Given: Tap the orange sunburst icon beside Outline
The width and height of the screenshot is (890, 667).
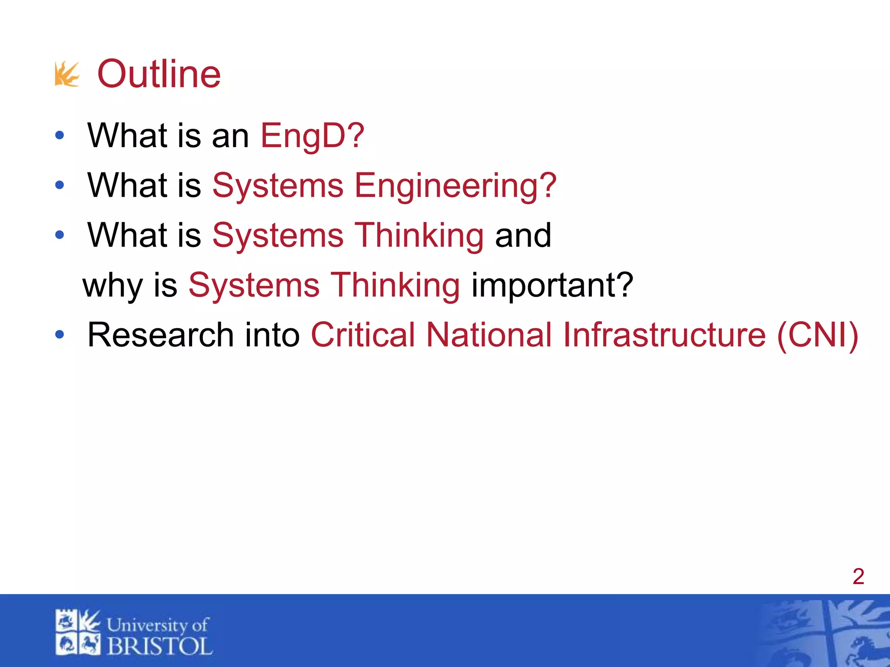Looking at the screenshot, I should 67,74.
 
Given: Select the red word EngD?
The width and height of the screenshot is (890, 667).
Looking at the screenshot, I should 312,135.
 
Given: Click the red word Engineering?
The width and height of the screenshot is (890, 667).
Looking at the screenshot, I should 455,186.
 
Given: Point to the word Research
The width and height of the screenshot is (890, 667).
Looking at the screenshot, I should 161,335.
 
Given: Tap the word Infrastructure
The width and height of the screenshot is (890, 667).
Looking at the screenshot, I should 664,335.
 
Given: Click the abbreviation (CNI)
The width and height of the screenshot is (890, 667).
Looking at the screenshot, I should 817,335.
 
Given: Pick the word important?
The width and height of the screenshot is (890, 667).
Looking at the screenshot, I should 552,285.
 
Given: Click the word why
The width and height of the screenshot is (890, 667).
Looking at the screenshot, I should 113,286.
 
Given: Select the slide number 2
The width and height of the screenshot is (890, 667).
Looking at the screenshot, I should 858,577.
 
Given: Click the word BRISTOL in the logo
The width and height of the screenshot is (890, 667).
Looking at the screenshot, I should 159,646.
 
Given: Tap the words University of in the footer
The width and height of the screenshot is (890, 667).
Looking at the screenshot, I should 157,625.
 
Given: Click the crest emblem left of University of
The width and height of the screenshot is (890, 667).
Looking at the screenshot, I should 78,632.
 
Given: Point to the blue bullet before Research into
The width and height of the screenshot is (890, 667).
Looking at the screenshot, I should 60,334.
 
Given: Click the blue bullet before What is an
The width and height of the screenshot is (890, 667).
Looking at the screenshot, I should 60,135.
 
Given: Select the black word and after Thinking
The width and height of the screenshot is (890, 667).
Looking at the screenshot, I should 523,235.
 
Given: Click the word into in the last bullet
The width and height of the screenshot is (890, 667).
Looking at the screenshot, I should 272,335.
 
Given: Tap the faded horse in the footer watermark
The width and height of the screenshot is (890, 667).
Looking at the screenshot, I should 863,647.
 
